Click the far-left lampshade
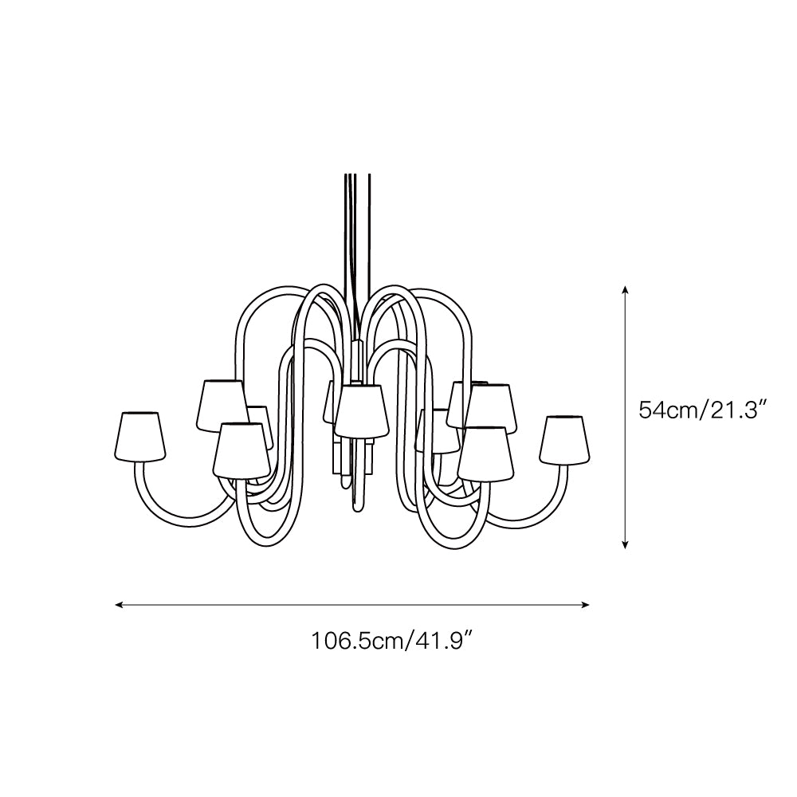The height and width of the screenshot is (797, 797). click(141, 437)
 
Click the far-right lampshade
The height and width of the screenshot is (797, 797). click(565, 439)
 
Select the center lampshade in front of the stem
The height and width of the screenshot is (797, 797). click(360, 410)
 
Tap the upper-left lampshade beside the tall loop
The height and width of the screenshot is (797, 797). click(221, 404)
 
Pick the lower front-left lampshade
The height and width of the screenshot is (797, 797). click(240, 450)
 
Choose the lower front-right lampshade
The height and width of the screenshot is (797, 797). click(485, 453)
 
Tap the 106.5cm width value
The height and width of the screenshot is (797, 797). click(357, 640)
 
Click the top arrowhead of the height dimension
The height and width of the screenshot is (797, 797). click(626, 290)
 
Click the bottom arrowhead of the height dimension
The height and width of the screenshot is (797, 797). click(626, 544)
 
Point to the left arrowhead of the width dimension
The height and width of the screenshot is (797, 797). click(120, 605)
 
